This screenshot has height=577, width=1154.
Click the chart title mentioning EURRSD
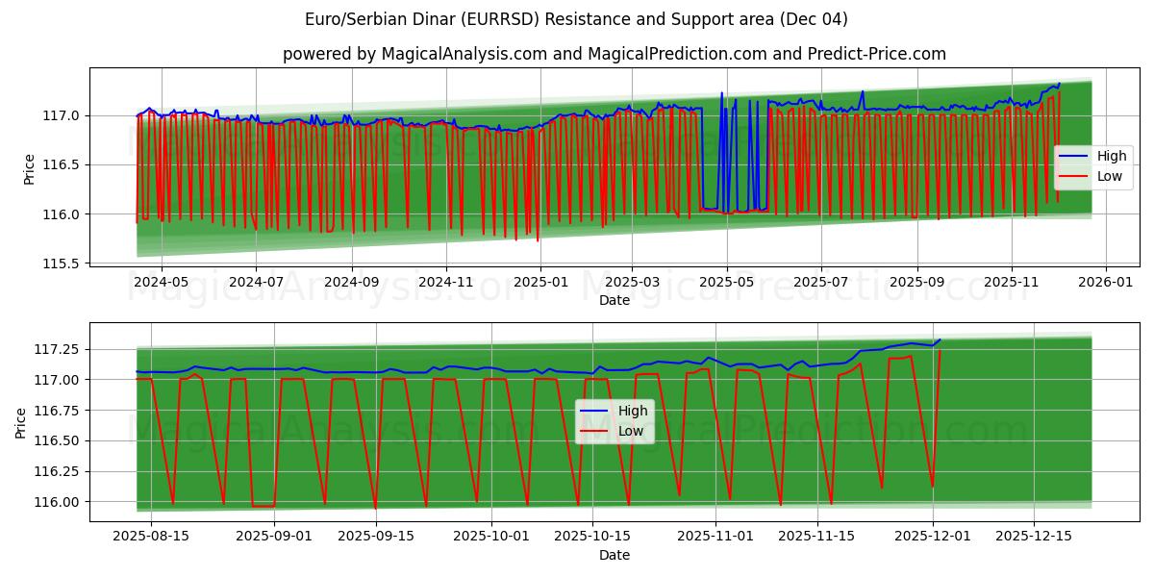coord(576,19)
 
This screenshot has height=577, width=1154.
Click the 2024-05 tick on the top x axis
coord(161,281)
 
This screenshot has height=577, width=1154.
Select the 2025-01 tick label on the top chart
coord(539,281)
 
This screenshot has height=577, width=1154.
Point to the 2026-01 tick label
coord(1105,281)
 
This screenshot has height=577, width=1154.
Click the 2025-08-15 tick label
coord(152,536)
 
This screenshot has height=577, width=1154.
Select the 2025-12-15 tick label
coord(1034,536)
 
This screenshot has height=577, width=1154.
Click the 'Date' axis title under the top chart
coord(614,300)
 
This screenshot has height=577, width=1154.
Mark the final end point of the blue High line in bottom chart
coord(940,339)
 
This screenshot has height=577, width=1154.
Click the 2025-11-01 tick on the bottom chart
coord(716,536)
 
